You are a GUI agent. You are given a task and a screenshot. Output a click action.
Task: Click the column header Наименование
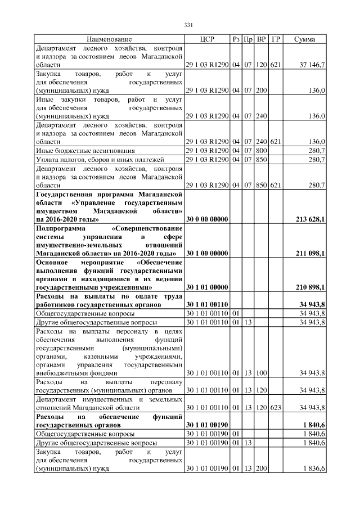pos(109,39)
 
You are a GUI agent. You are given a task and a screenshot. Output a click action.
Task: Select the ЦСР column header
pos(207,39)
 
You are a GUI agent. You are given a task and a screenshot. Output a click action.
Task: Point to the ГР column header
pos(276,39)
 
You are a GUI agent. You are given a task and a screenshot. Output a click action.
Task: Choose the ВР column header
pos(261,39)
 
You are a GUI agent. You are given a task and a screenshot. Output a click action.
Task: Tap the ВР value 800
pos(261,151)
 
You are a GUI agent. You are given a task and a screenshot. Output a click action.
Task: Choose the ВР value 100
pos(261,372)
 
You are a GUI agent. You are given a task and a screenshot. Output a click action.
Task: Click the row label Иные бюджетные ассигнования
pos(77,151)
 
